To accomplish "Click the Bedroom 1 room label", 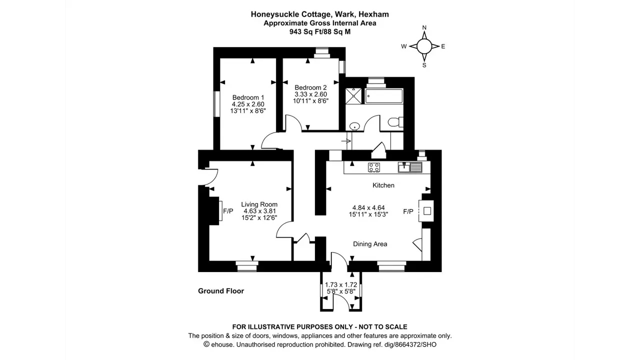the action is point(248,97).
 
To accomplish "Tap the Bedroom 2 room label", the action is point(310,87).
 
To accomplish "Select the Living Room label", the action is point(259,204).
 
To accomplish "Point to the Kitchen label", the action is point(383,185).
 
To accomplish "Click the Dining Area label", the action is point(370,244).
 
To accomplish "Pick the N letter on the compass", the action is point(424,27).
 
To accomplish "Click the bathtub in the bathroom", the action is point(384,96).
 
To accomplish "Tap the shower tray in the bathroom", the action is point(353,96).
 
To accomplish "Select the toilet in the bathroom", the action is point(395,122).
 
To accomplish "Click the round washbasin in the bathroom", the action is point(354,126).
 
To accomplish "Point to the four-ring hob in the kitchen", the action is point(374,167).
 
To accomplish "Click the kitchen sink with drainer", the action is point(410,167).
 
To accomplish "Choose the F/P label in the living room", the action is point(228,211).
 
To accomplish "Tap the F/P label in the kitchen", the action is point(408,211).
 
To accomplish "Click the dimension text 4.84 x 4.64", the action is point(368,207).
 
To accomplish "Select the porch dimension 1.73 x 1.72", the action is point(341,285).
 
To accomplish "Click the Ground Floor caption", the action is point(221,291).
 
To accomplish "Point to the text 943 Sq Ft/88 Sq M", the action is point(320,31).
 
